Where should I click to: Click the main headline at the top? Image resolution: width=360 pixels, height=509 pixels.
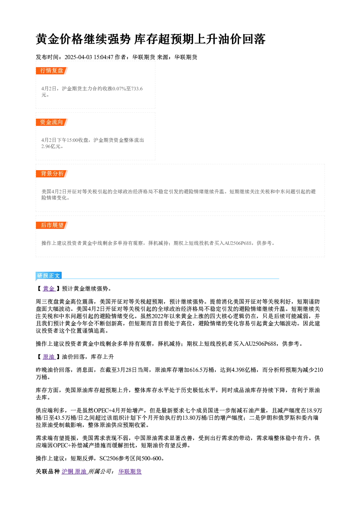(x=151, y=39)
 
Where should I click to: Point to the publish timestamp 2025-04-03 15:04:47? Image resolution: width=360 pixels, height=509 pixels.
(x=89, y=57)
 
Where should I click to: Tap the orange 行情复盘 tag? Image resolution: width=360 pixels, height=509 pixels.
(x=52, y=71)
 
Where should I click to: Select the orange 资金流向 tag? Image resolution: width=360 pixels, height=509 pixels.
(x=52, y=122)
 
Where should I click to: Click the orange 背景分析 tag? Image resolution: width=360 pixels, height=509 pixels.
(x=52, y=174)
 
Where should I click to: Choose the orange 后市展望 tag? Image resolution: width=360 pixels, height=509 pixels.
(x=52, y=225)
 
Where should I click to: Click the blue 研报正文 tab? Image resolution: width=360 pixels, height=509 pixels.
(x=49, y=276)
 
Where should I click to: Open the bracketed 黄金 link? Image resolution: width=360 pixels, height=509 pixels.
(x=49, y=288)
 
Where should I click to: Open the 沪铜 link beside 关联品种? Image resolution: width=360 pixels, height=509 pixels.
(x=67, y=472)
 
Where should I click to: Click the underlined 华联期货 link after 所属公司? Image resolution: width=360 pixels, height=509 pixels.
(x=130, y=472)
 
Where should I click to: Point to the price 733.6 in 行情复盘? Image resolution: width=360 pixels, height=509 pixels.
(x=137, y=89)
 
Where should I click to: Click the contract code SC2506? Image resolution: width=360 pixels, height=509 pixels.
(x=109, y=459)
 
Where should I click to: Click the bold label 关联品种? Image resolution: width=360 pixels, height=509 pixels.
(x=48, y=472)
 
